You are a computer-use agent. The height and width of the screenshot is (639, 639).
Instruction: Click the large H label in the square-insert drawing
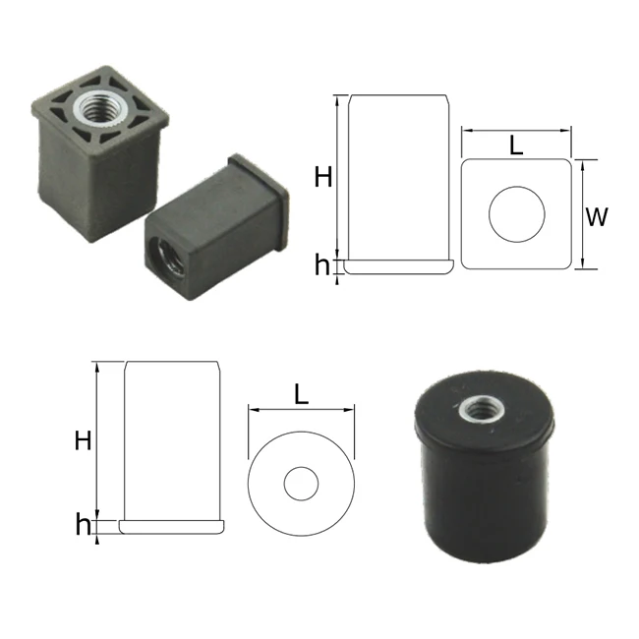(x=323, y=177)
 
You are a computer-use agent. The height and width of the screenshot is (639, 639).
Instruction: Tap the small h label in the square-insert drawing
(x=322, y=264)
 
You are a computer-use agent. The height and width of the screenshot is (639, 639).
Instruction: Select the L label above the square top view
(x=516, y=146)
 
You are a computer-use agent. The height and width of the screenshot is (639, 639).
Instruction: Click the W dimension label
(x=596, y=217)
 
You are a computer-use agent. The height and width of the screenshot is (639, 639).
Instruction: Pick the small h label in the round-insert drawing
(x=83, y=525)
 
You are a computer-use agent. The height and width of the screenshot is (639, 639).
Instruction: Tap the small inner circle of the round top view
(x=302, y=484)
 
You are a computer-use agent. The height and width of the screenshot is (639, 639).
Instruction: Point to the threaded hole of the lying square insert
(x=159, y=258)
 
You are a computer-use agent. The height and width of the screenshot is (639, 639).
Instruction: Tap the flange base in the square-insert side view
(x=398, y=264)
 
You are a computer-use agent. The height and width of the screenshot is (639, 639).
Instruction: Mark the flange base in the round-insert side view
(x=172, y=527)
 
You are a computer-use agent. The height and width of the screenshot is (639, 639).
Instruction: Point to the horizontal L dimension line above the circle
(x=302, y=410)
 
